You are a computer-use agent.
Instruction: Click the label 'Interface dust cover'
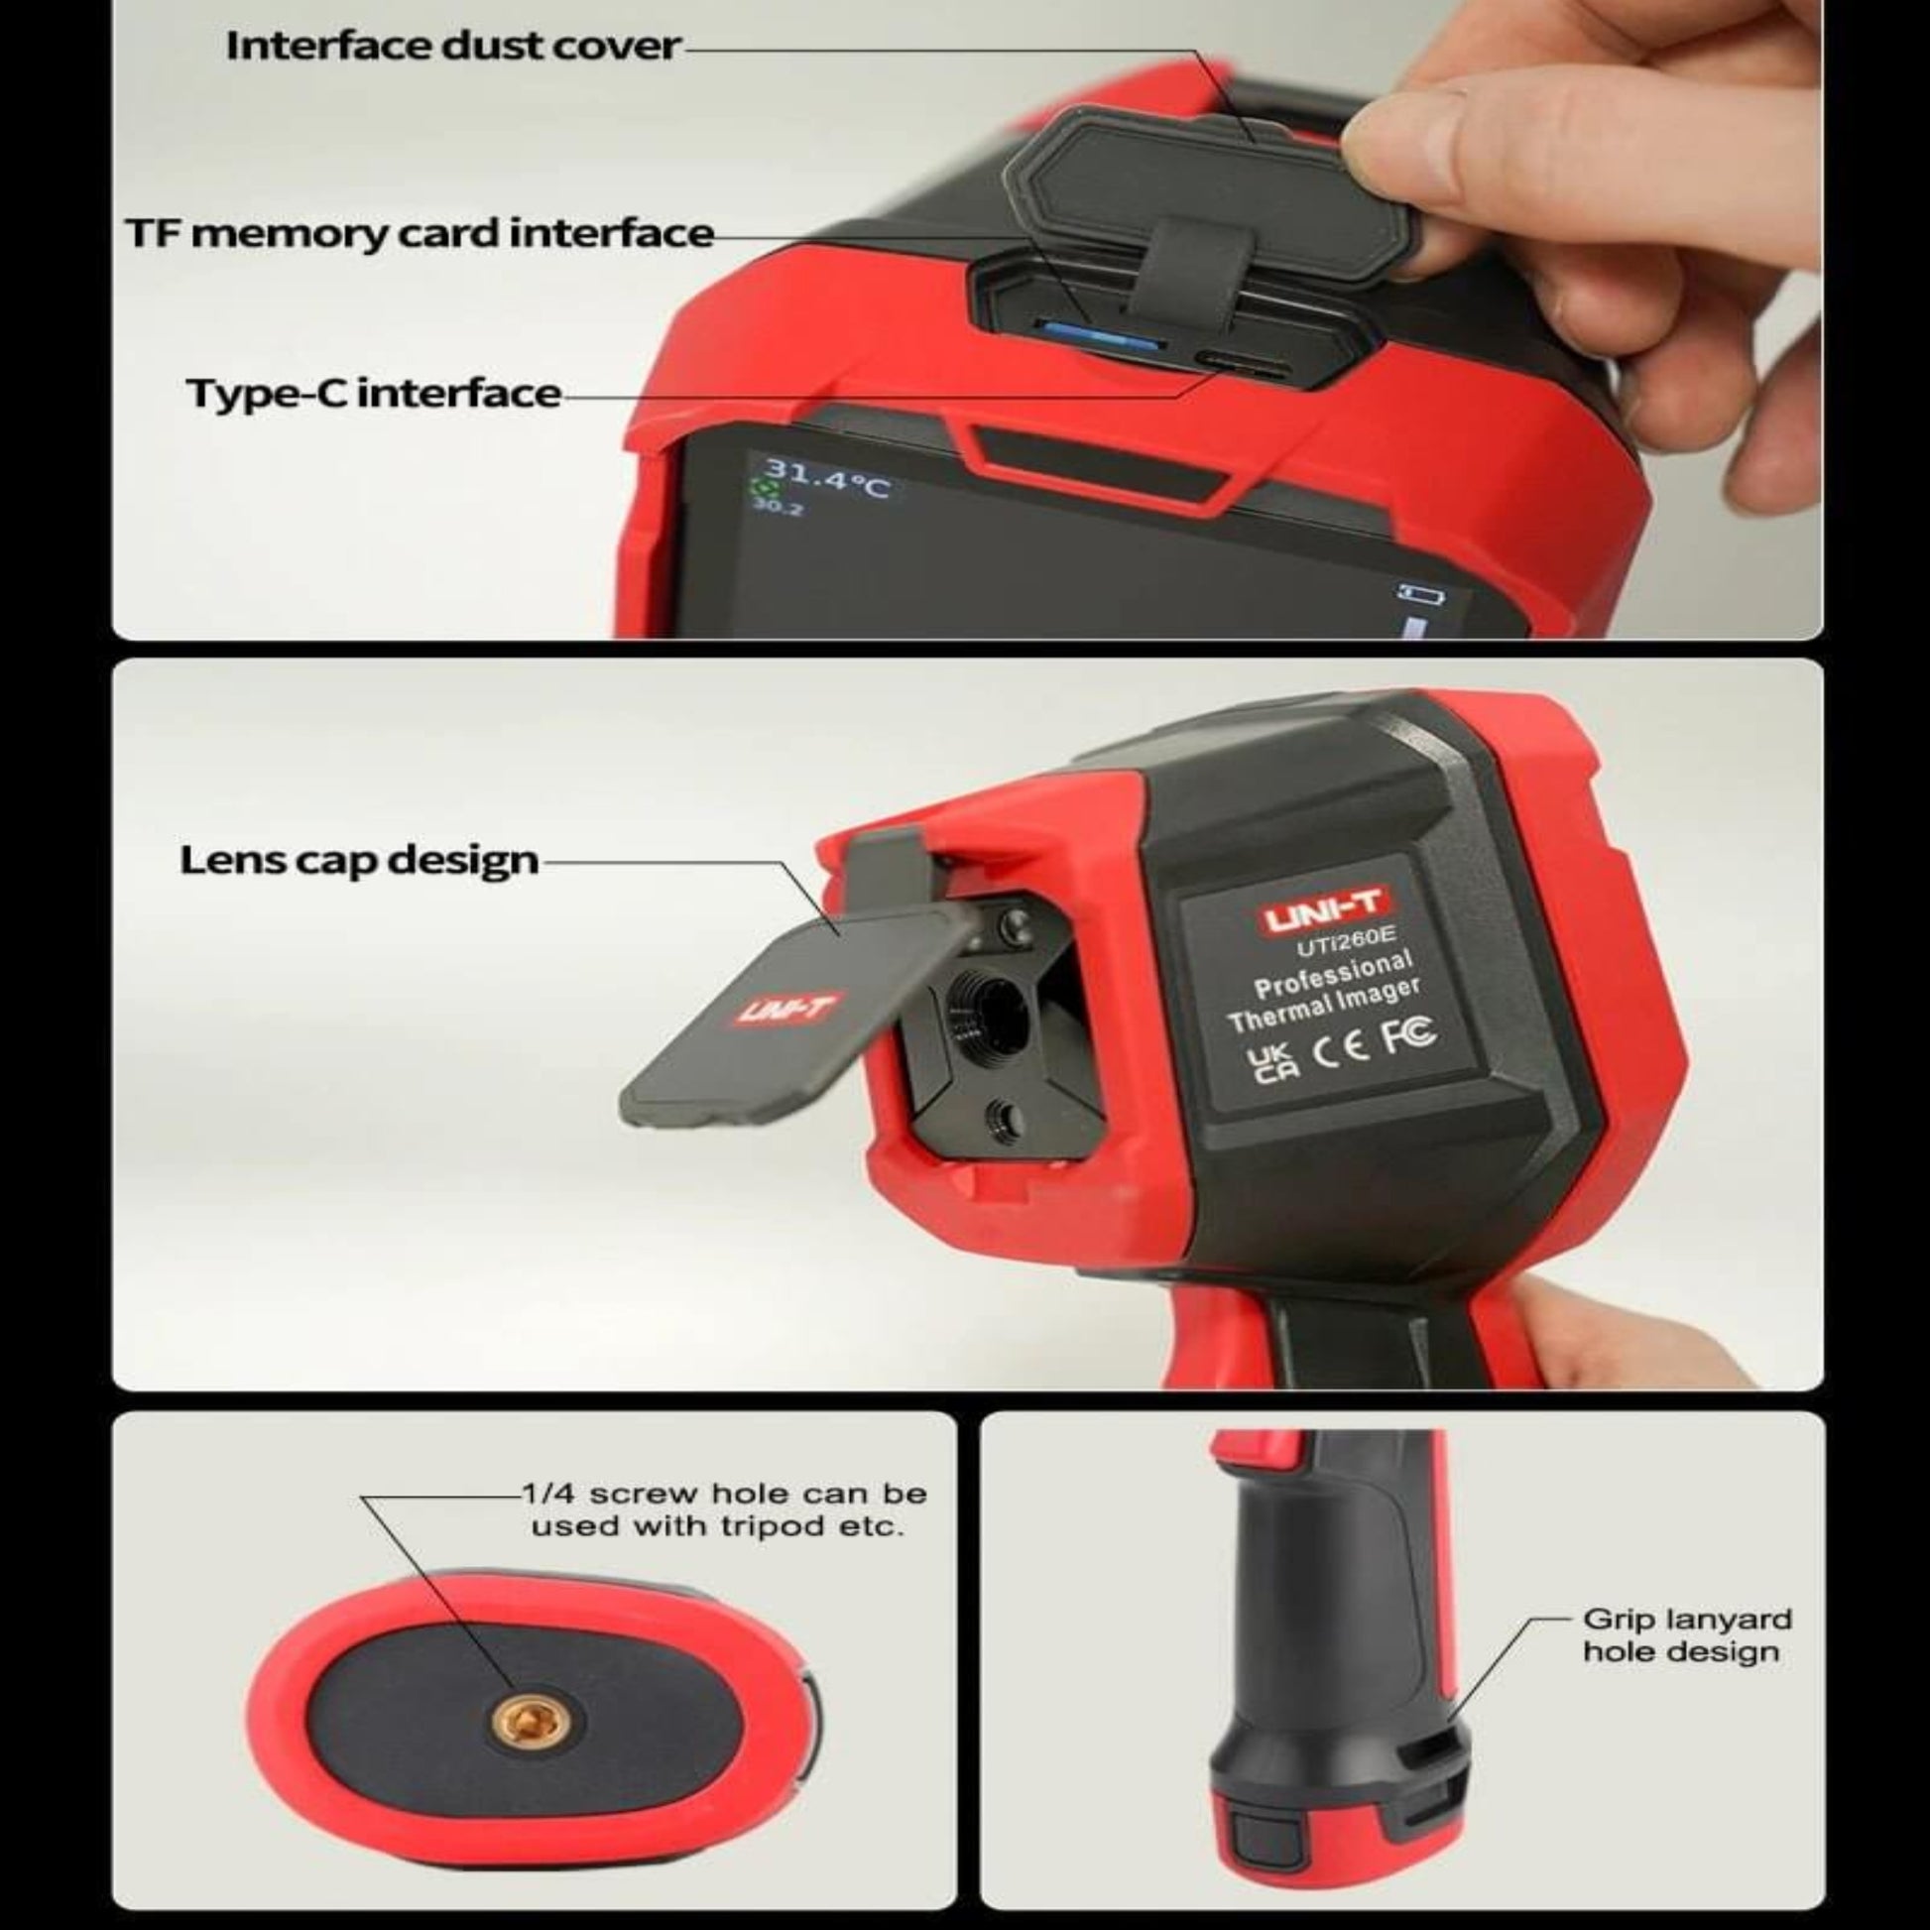(453, 46)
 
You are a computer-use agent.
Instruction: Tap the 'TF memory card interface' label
(420, 234)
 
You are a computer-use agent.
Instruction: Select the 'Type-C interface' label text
(374, 393)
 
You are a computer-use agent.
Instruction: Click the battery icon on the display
(1419, 594)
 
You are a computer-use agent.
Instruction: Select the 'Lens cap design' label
(360, 860)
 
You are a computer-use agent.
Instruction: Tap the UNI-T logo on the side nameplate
(1324, 912)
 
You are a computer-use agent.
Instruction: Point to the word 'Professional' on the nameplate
(1334, 974)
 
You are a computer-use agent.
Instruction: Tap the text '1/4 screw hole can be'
(724, 1495)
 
